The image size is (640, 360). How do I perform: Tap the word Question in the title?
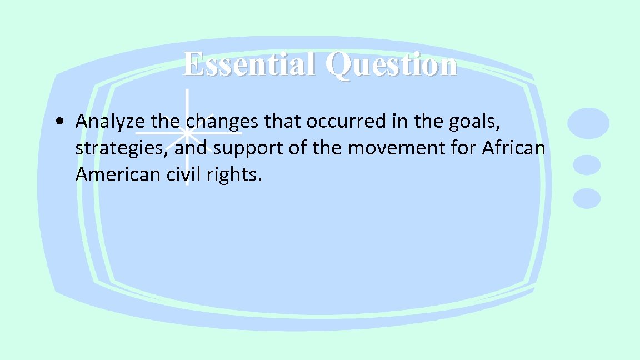[392, 65]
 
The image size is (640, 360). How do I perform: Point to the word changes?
[222, 121]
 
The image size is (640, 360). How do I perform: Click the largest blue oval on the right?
[588, 123]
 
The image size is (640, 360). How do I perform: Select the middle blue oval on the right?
[587, 165]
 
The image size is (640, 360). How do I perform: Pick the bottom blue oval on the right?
[587, 198]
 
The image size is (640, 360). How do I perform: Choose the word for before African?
[463, 148]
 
